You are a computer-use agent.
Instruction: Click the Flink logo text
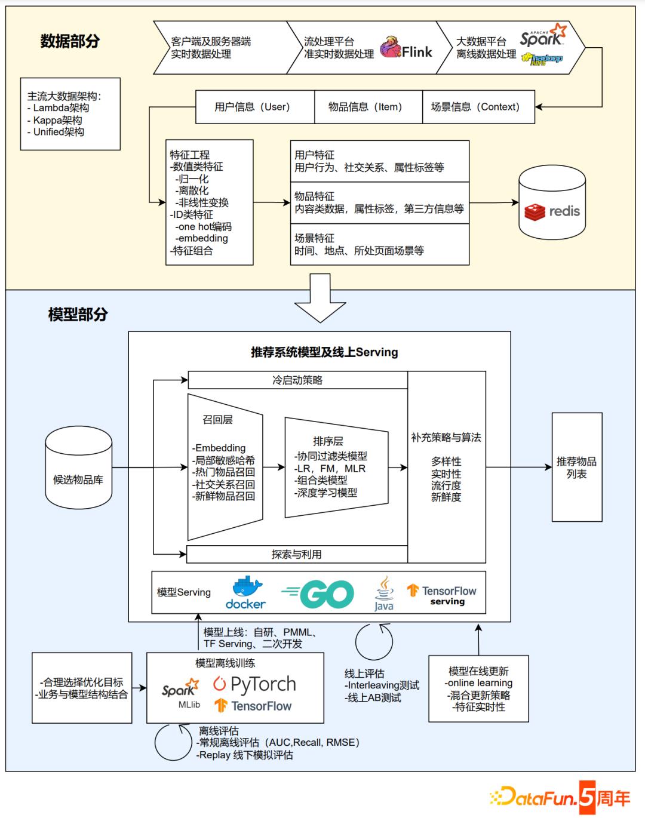(416, 53)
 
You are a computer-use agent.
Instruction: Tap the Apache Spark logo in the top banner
(542, 37)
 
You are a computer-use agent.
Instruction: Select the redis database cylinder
(552, 203)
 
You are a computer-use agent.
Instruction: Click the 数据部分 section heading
(70, 41)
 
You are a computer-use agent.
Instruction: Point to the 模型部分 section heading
(78, 315)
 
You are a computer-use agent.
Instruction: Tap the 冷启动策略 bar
(297, 380)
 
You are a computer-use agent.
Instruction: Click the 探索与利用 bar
(297, 554)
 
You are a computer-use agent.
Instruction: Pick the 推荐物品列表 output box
(576, 467)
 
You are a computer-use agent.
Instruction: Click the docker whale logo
(245, 592)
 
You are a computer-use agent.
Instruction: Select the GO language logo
(318, 593)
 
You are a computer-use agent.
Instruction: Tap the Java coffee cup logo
(384, 593)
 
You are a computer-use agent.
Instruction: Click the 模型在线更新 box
(478, 688)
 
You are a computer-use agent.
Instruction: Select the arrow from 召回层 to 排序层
(274, 468)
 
